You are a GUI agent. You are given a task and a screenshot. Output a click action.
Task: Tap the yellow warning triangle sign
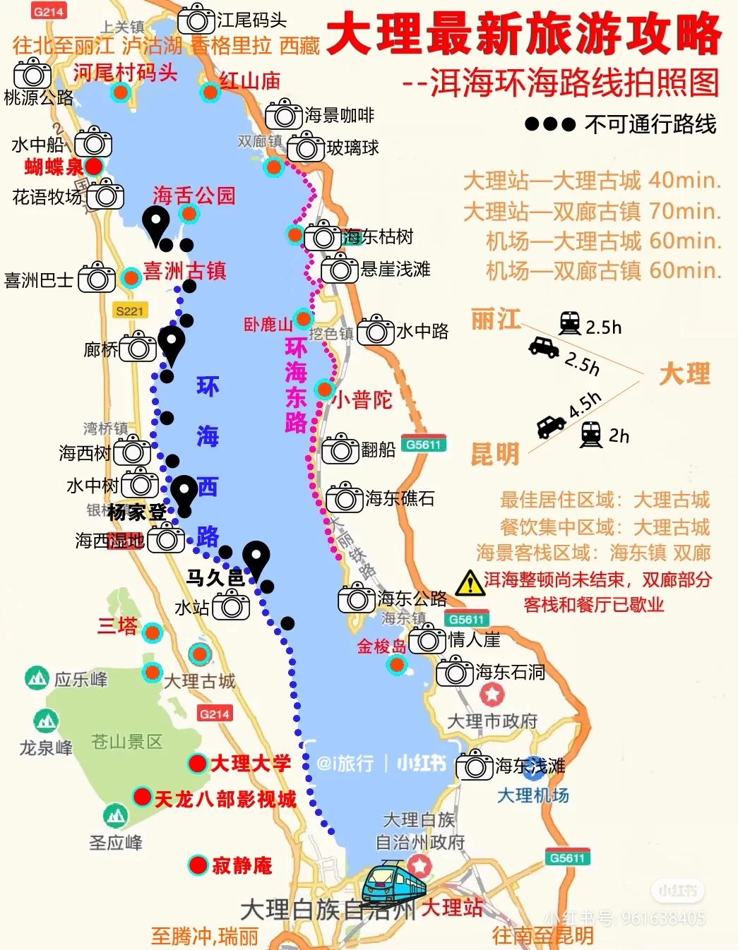point(470,584)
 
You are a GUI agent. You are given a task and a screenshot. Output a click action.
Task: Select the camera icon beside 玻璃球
point(306,147)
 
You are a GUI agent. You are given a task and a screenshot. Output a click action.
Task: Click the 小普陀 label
point(362,400)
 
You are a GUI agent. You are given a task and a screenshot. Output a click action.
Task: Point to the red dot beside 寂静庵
point(198,865)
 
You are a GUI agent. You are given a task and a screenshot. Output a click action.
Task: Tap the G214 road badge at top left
point(49,11)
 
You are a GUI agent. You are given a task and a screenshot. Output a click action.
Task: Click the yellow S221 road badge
point(130,311)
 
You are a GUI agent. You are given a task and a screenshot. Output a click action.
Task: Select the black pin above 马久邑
point(256,558)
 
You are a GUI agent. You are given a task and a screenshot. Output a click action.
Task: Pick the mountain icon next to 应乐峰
point(37,678)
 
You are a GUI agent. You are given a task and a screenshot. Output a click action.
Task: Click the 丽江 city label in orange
point(495,320)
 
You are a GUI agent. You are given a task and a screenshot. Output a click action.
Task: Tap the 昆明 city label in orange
point(494,453)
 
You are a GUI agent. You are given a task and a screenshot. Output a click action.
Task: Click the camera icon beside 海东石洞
point(455,672)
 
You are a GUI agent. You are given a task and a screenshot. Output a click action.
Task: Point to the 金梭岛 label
point(381,646)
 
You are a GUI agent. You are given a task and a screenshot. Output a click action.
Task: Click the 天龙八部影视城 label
point(225,799)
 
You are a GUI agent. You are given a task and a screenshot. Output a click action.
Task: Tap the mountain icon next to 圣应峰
point(116,816)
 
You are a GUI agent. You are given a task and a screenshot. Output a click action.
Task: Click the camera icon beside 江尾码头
point(196,20)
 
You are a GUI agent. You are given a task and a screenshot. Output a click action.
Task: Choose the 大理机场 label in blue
point(533,795)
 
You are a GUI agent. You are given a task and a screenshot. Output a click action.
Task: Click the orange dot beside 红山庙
point(210,92)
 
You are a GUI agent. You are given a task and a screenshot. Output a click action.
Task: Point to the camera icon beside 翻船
point(340,450)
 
